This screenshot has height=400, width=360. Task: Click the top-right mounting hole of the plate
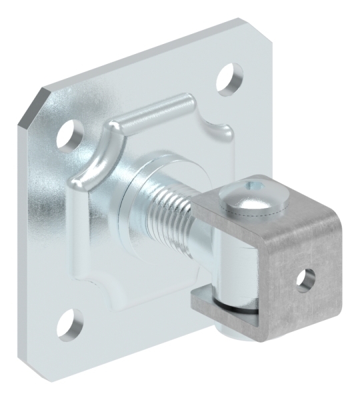coord(229,77)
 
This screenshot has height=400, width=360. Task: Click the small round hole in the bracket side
coord(305,279)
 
